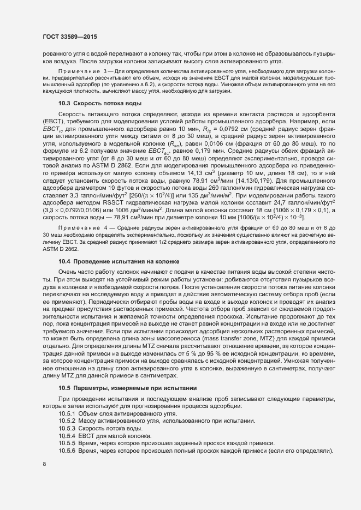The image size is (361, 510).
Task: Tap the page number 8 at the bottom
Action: coord(44,464)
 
